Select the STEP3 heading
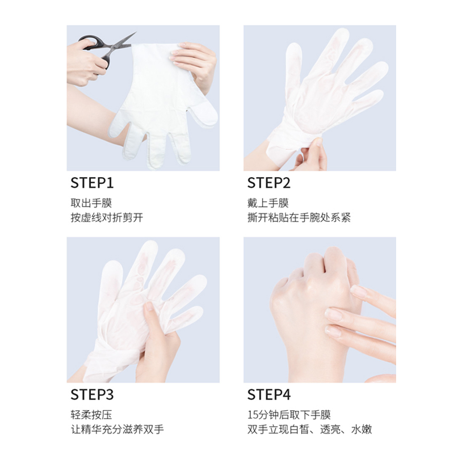(92, 394)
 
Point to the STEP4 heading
(269, 394)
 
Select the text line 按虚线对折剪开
(106, 218)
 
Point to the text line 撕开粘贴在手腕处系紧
(299, 218)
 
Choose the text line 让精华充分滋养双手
(117, 430)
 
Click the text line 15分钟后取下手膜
(289, 415)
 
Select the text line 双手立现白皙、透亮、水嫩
(309, 430)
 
